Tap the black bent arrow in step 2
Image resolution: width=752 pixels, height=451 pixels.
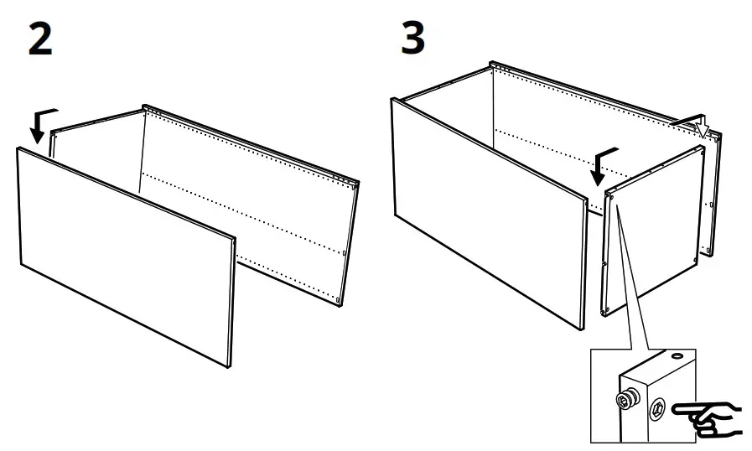43,123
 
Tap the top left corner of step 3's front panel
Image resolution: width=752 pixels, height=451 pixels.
393,100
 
